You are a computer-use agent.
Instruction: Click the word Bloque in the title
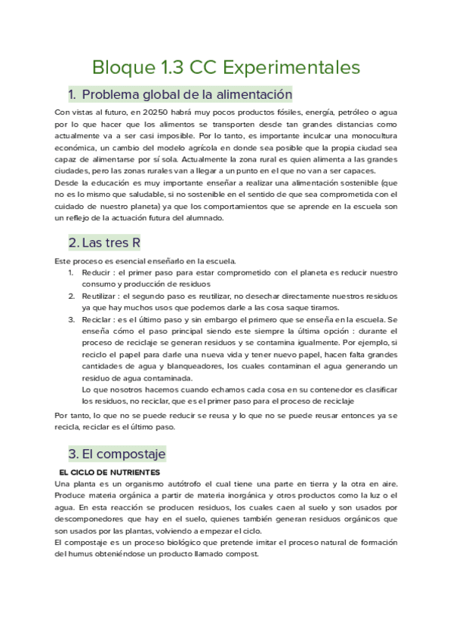(x=119, y=67)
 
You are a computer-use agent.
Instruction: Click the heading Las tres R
(x=103, y=243)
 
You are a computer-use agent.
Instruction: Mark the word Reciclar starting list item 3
(x=97, y=320)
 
